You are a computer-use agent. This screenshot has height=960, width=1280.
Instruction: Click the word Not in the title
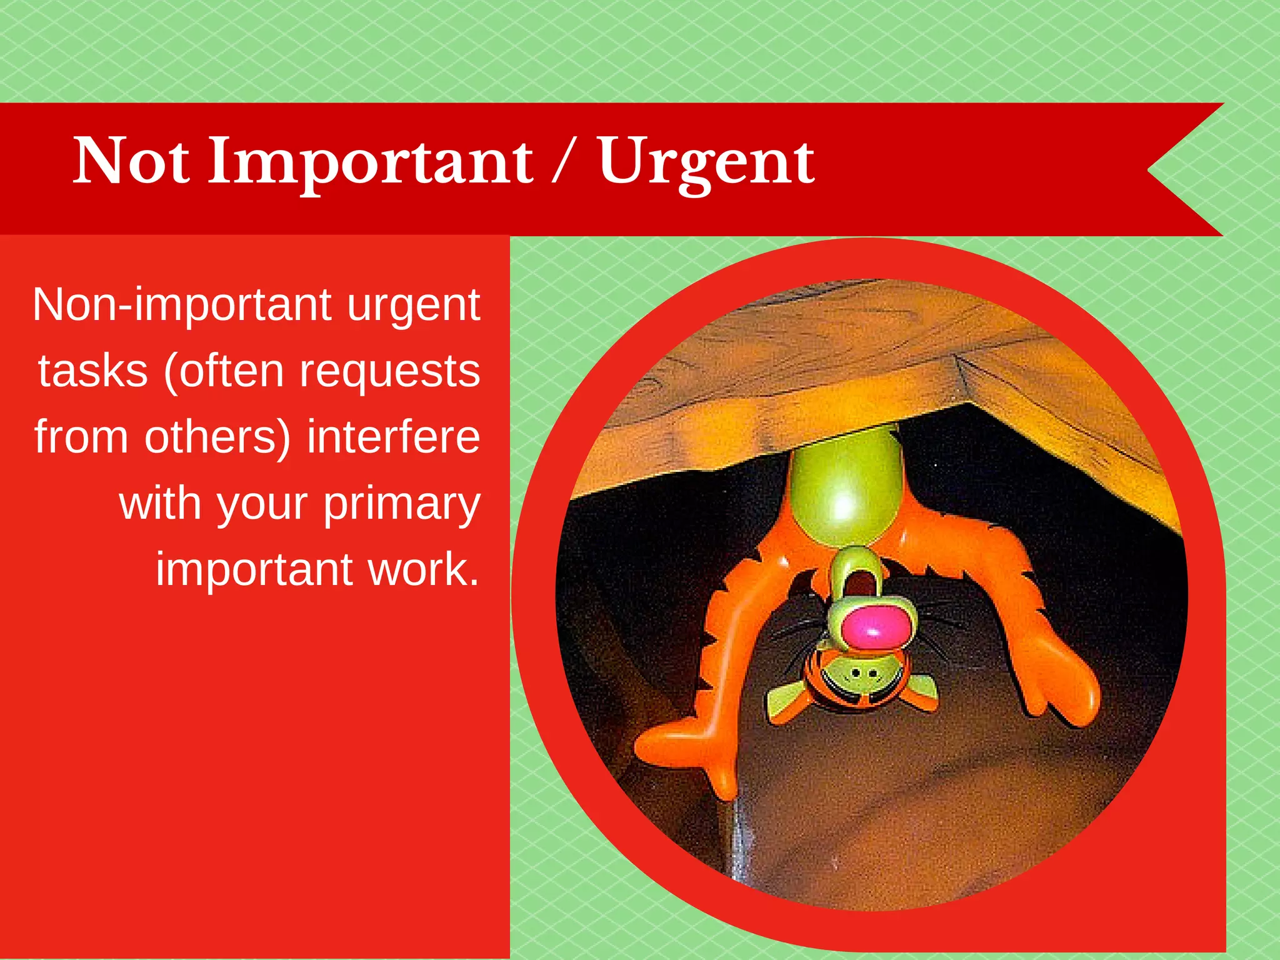point(131,161)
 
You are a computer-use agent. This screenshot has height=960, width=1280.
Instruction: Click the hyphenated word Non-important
point(182,305)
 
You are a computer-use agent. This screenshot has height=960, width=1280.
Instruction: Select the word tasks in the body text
point(92,371)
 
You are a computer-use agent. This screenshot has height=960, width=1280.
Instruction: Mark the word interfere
point(393,437)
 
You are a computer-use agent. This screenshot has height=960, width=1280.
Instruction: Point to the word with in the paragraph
point(160,503)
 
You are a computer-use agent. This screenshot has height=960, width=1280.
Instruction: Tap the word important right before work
point(254,570)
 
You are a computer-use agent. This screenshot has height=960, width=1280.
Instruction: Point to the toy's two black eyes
point(864,673)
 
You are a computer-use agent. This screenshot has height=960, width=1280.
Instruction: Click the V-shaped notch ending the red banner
point(1156,169)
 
